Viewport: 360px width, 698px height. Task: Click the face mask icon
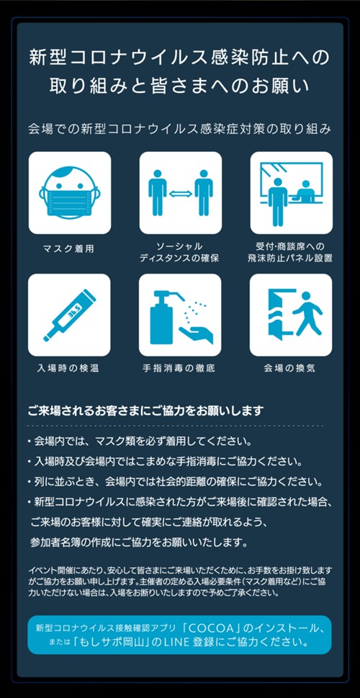[69, 192]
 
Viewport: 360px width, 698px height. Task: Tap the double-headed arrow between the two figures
[181, 193]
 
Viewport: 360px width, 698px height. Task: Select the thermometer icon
[69, 316]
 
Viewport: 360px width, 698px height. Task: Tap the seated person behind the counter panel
[306, 191]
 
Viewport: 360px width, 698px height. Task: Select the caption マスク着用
[68, 249]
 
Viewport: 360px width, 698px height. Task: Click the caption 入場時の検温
[68, 369]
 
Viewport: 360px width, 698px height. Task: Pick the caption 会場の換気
[289, 369]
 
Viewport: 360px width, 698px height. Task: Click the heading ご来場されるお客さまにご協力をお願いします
[146, 410]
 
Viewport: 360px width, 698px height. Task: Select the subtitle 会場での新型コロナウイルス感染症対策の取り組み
[180, 130]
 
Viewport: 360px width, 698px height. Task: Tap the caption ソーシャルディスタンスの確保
[180, 252]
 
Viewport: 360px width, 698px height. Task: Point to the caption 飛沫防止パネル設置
[290, 258]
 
